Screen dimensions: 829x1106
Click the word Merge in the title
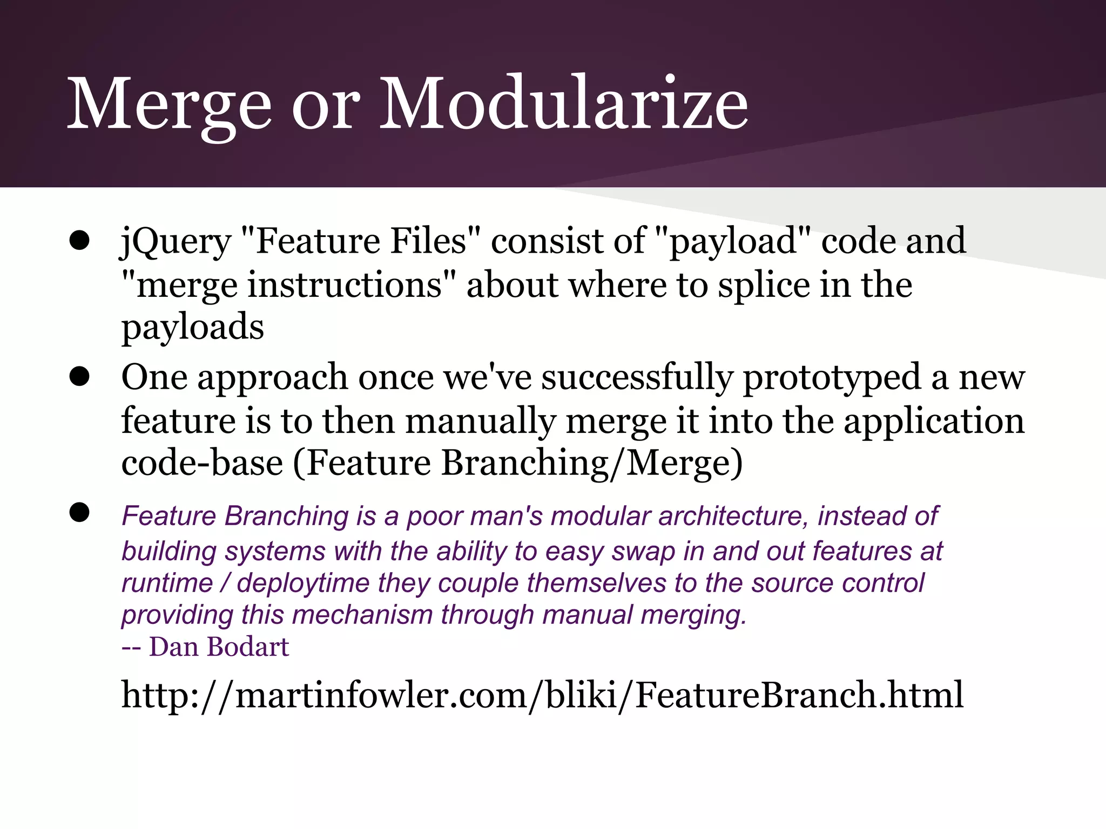168,104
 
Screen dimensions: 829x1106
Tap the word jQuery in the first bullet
176,241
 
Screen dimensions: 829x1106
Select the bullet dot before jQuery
79,241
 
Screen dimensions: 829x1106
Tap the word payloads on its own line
193,328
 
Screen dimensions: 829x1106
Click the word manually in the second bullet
480,420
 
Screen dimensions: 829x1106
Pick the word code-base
202,463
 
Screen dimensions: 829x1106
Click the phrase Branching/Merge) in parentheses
592,463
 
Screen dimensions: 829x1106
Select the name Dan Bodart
219,647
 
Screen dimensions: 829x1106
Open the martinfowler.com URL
542,695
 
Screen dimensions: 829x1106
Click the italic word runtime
167,583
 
